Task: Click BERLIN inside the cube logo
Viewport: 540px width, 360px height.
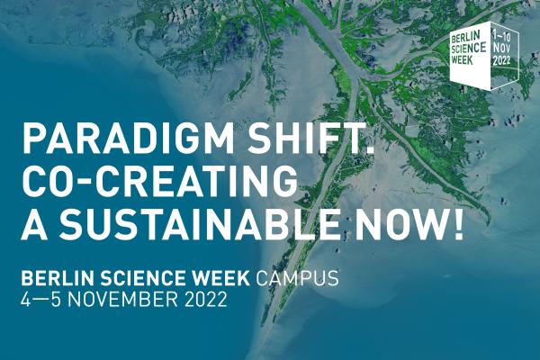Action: pos(466,40)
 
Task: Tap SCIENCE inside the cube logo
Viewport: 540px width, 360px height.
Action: pos(468,51)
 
